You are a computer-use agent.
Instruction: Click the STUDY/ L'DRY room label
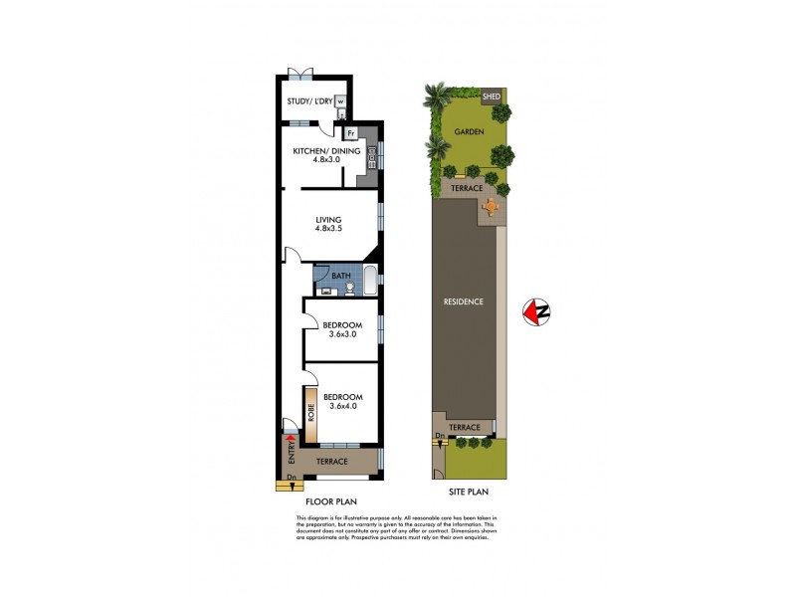pyautogui.click(x=309, y=100)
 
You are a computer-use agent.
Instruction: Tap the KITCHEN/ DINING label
pyautogui.click(x=318, y=151)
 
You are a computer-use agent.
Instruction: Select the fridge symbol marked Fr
pyautogui.click(x=351, y=132)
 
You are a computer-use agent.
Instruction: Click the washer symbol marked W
pyautogui.click(x=339, y=100)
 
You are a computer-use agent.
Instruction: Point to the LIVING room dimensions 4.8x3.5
pyautogui.click(x=328, y=231)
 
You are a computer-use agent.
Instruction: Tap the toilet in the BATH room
pyautogui.click(x=350, y=289)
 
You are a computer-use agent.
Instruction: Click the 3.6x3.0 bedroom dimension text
pyautogui.click(x=341, y=335)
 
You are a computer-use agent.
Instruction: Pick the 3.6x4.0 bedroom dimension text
pyautogui.click(x=341, y=407)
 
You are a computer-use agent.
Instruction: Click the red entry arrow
pyautogui.click(x=290, y=438)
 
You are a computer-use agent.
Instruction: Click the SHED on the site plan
pyautogui.click(x=492, y=97)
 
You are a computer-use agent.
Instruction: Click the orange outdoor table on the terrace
pyautogui.click(x=491, y=207)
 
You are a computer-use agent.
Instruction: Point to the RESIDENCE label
pyautogui.click(x=464, y=301)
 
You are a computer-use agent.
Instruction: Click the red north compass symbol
pyautogui.click(x=536, y=311)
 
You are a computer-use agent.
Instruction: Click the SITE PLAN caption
pyautogui.click(x=466, y=493)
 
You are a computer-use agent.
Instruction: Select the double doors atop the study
pyautogui.click(x=299, y=73)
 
